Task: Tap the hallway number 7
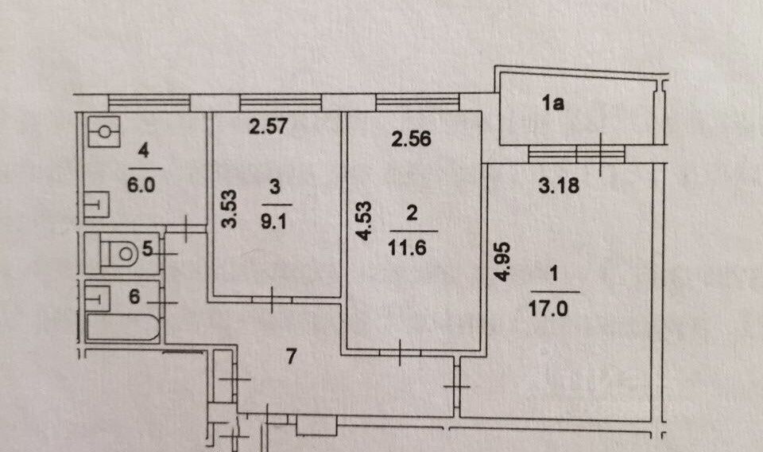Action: [x=291, y=357]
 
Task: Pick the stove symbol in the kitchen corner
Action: [x=104, y=131]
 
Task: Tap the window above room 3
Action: [x=281, y=102]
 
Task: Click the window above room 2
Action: [x=417, y=102]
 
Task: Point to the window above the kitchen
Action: [x=149, y=102]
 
